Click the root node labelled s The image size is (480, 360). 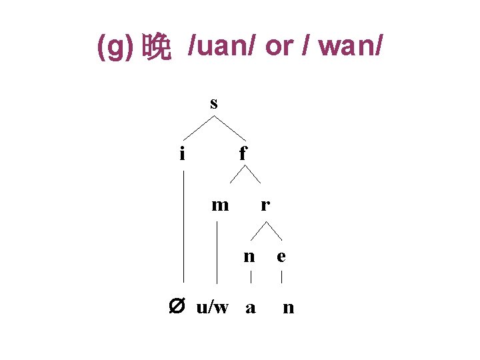(x=213, y=103)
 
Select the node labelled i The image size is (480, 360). (x=182, y=154)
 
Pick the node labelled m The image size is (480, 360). (x=219, y=205)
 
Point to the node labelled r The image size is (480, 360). (x=265, y=205)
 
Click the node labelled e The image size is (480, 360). (x=281, y=256)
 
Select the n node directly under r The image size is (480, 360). (x=249, y=256)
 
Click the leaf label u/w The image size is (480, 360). (x=213, y=307)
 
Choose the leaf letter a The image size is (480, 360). (x=251, y=307)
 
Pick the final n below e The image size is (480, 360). (x=288, y=307)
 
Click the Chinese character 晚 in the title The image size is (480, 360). (x=157, y=48)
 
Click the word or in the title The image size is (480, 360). (x=280, y=47)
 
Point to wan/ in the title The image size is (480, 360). (x=349, y=47)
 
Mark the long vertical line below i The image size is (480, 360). (x=184, y=227)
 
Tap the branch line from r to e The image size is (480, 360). (x=274, y=230)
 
